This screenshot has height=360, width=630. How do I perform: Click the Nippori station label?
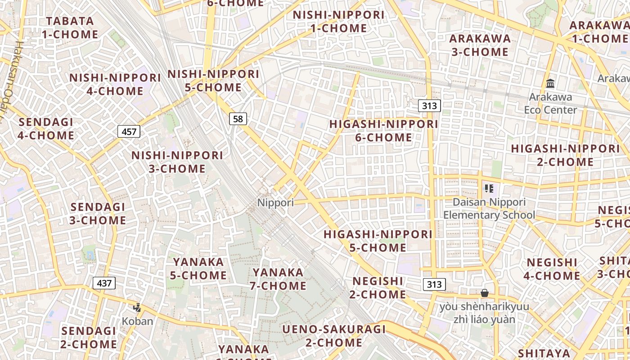275,203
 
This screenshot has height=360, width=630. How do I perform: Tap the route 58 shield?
238,119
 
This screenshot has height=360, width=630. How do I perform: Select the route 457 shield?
129,132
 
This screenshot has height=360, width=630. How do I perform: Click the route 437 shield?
104,283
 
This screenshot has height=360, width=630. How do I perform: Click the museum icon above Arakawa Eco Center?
550,84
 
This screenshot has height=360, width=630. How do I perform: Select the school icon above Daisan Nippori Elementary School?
489,189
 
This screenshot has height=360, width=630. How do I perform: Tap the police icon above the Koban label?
137,308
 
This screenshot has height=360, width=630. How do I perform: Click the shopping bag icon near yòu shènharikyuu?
485,293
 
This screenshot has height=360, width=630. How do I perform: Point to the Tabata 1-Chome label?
70,28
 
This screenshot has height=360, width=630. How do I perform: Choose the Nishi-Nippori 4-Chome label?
115,84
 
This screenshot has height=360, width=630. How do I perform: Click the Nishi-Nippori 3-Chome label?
177,162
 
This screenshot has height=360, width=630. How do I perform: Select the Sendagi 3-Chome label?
98,214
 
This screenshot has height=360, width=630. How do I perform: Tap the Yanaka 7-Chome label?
279,279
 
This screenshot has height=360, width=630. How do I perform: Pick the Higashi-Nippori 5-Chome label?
378,241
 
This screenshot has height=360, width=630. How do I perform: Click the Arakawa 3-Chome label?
480,45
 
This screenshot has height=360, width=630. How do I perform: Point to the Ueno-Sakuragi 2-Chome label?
334,336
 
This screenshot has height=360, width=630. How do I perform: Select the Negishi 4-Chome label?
552,269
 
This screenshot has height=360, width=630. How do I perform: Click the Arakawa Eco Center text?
550,103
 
